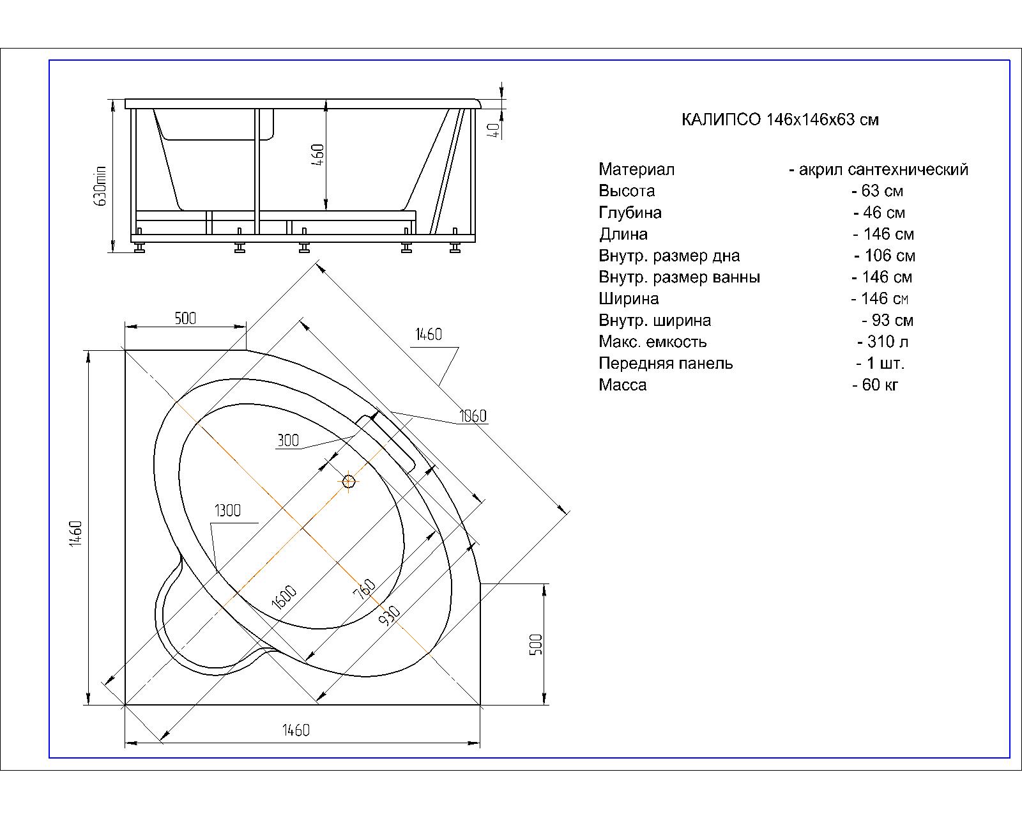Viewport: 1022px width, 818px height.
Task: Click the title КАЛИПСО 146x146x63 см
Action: [780, 120]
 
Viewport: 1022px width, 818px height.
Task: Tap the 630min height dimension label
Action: [100, 186]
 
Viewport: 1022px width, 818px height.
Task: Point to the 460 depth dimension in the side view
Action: [317, 155]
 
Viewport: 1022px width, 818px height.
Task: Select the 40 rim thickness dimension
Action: [494, 130]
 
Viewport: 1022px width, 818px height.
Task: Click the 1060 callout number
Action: [473, 416]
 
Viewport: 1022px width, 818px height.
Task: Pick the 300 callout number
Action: [288, 440]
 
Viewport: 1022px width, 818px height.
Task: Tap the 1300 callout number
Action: [227, 511]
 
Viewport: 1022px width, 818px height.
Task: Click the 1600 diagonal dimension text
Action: [284, 597]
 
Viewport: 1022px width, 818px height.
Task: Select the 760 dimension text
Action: [364, 589]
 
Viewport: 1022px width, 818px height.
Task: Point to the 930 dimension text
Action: [390, 616]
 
